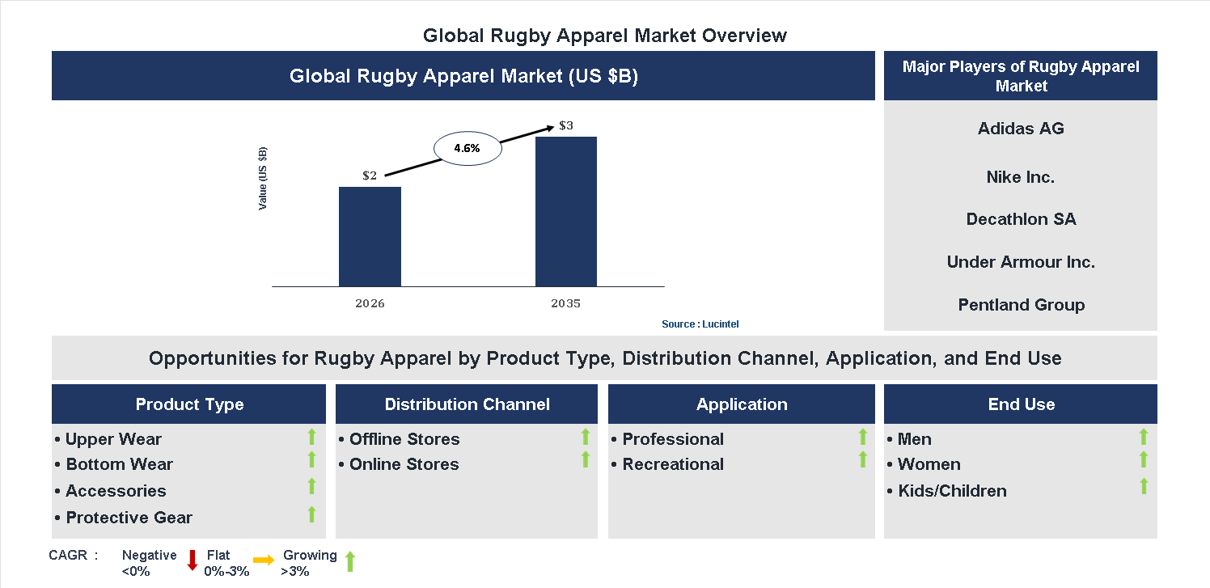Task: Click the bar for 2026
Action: coord(370,236)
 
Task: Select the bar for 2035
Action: coord(566,211)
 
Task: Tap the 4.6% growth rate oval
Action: coord(468,149)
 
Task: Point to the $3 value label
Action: coord(566,126)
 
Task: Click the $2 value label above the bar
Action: coord(370,176)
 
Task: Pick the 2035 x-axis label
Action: coord(566,304)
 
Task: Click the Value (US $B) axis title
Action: coord(263,178)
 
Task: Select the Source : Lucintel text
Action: coord(700,324)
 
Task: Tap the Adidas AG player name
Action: coord(1021,129)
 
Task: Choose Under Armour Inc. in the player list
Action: coord(1021,262)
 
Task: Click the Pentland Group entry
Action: coord(1021,305)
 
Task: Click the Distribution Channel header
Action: coord(467,404)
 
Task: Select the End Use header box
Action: coord(1021,404)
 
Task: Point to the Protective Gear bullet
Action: coord(129,518)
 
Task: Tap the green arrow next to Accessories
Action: coord(311,487)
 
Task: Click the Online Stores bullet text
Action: coord(404,464)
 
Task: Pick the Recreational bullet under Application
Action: coord(672,464)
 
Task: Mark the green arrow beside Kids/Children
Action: coord(1143,487)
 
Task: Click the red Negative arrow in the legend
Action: coord(192,560)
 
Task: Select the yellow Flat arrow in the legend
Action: coord(264,560)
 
